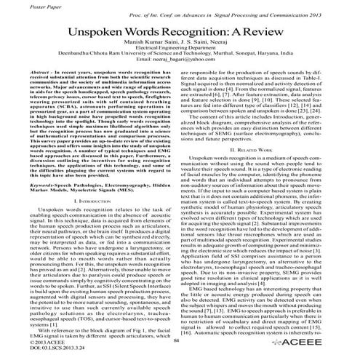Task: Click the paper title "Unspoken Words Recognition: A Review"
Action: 180,36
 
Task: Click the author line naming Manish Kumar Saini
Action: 180,50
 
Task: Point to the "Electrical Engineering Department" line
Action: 180,57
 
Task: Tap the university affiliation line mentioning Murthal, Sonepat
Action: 180,65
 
